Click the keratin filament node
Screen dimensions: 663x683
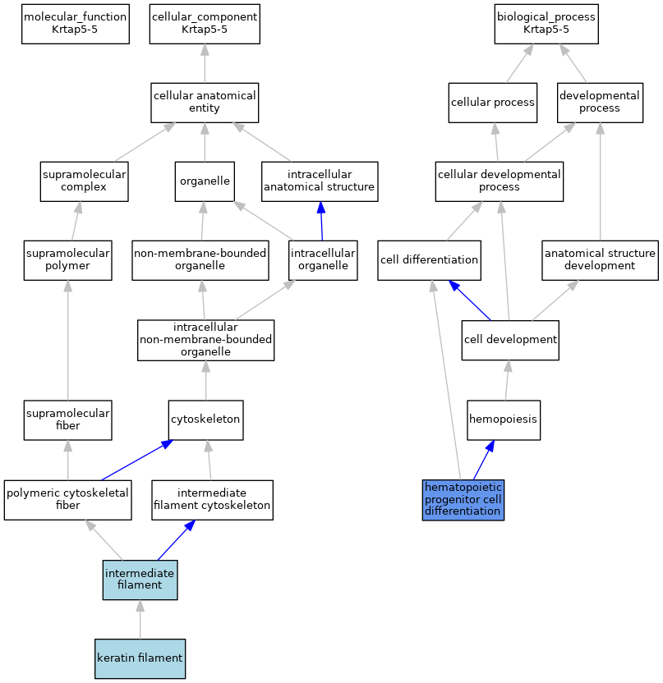[x=140, y=658]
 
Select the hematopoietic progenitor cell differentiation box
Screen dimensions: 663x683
[x=463, y=500]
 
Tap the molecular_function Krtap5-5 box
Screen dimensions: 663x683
[x=76, y=24]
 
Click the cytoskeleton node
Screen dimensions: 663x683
[x=205, y=420]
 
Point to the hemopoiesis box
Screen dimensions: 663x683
[x=504, y=420]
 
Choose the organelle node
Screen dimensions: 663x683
[x=205, y=181]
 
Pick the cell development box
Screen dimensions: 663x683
[x=510, y=340]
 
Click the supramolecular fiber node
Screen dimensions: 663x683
[x=67, y=420]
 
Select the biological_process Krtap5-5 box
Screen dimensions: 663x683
[x=546, y=24]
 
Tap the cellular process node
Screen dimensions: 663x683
[x=493, y=103]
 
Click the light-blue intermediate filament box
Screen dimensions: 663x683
[x=140, y=580]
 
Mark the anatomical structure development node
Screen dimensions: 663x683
[x=600, y=260]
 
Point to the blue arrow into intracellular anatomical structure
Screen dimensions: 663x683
[x=321, y=221]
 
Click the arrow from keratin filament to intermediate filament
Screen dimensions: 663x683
[x=140, y=620]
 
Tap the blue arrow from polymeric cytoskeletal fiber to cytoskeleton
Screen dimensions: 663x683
[x=137, y=460]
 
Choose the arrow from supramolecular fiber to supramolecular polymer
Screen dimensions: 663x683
[x=67, y=340]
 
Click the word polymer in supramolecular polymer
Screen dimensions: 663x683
[x=67, y=266]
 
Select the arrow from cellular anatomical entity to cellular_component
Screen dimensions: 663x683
[x=205, y=63]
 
